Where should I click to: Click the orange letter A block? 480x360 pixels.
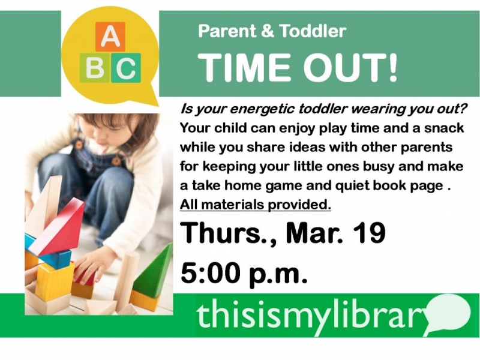tap(110, 37)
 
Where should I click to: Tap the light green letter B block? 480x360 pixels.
tap(95, 68)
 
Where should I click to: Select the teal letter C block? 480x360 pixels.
tap(126, 68)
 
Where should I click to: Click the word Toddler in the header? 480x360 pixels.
tap(313, 31)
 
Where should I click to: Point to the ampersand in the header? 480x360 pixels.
tap(268, 31)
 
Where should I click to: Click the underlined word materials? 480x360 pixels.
tap(232, 205)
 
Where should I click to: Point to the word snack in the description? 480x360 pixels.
tap(444, 128)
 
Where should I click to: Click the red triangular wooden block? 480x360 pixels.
tap(58, 227)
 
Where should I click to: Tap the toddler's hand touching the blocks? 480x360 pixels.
tap(89, 267)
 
